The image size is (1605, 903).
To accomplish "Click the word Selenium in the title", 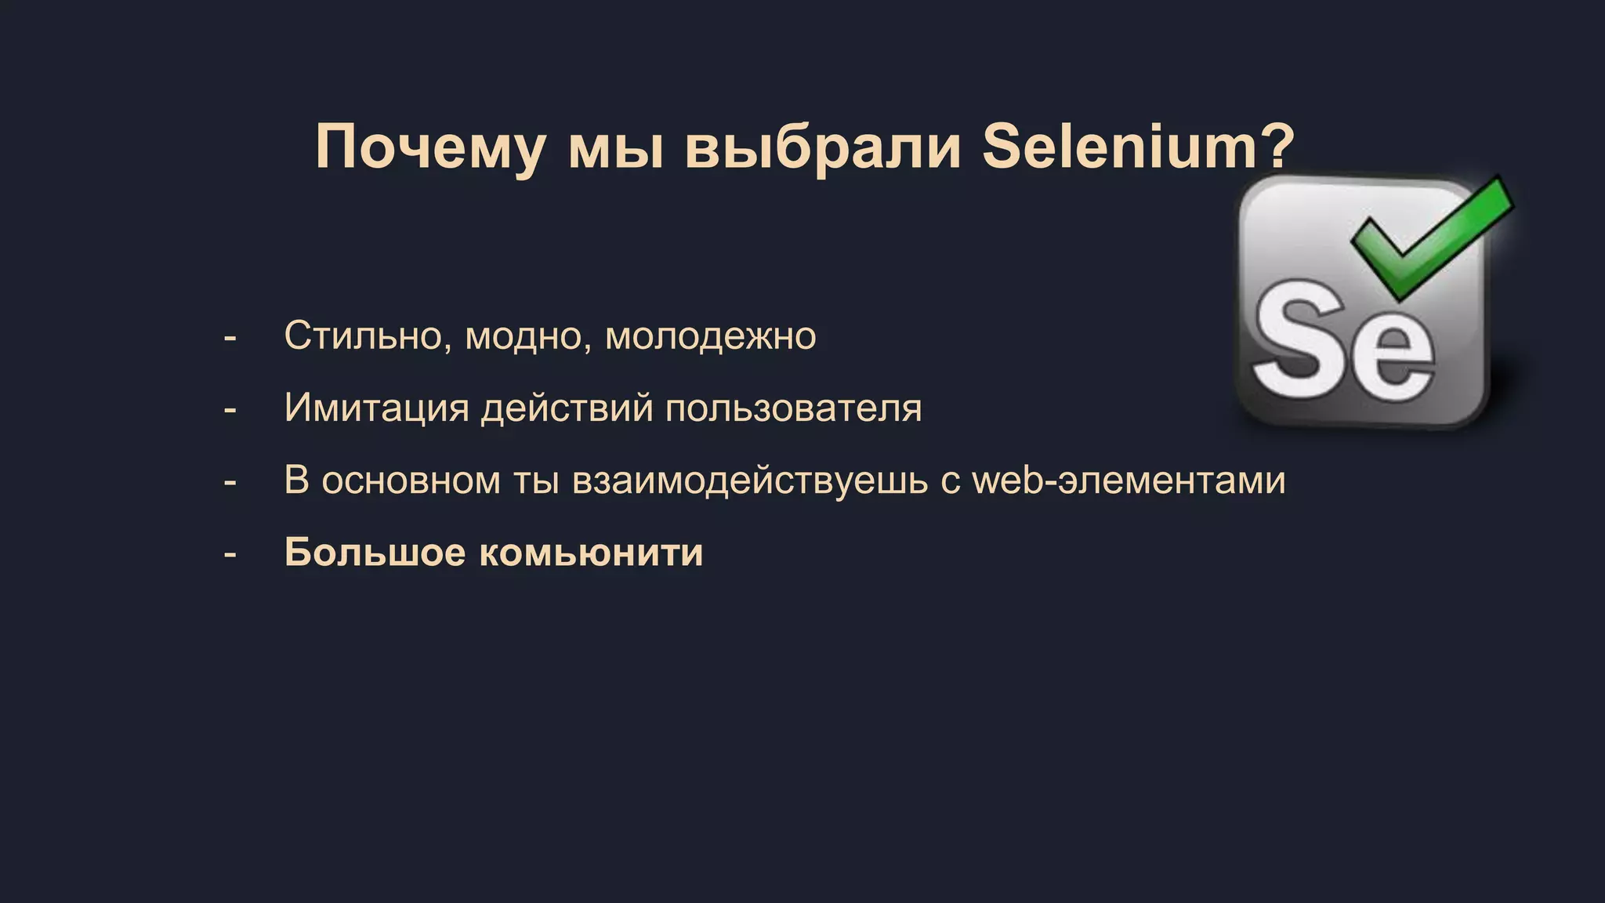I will click(x=1119, y=147).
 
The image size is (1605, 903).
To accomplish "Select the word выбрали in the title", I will click(x=823, y=147).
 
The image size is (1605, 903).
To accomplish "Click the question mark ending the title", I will click(x=1277, y=147).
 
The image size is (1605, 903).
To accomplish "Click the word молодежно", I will click(x=711, y=336).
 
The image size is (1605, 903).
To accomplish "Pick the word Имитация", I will click(x=376, y=408).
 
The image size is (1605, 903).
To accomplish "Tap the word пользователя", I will click(x=793, y=408).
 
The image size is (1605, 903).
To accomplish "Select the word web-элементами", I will click(x=1129, y=481).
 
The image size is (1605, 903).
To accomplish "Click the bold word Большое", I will click(x=375, y=553).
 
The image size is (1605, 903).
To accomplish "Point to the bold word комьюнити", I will click(x=591, y=553).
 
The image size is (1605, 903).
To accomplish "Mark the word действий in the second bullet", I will click(x=567, y=408).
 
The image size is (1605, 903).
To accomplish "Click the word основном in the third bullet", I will click(x=411, y=481).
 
